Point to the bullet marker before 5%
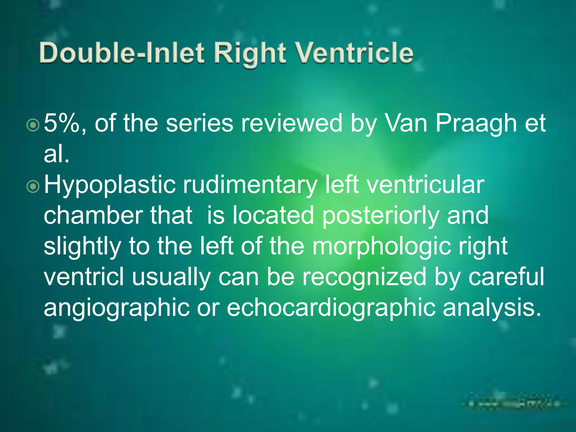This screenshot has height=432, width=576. (33, 125)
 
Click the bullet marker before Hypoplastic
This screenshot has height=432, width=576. (33, 186)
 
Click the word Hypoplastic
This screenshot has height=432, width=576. (110, 186)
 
